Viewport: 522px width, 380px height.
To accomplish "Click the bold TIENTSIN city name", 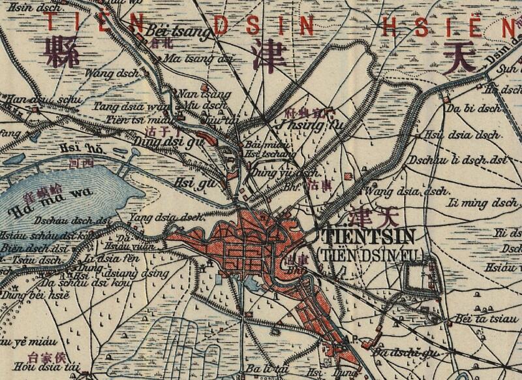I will [372, 236].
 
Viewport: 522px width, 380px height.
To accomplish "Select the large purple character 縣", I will [60, 51].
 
